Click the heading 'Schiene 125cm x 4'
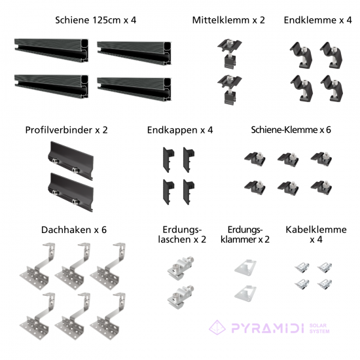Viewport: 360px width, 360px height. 96,20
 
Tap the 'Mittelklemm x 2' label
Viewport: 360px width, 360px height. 228,20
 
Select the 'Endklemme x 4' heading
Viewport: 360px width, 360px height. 317,20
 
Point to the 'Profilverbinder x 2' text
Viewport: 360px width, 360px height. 66,130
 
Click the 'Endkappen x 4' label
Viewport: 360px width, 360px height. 180,130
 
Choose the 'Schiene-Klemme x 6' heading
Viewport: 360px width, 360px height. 291,130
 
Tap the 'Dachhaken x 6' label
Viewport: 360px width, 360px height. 74,230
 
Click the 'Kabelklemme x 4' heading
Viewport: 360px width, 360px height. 316,234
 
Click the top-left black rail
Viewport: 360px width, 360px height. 51,50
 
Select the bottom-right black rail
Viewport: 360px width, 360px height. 134,89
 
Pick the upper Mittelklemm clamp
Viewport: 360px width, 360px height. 230,54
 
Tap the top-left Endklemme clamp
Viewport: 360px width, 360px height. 301,55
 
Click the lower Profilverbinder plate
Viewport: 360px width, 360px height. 71,192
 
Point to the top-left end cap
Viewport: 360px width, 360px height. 168,160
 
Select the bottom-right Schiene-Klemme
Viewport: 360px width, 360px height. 321,187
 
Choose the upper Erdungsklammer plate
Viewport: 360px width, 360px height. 245,266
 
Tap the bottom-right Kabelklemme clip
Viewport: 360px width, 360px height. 325,284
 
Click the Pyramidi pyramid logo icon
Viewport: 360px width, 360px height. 217,327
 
